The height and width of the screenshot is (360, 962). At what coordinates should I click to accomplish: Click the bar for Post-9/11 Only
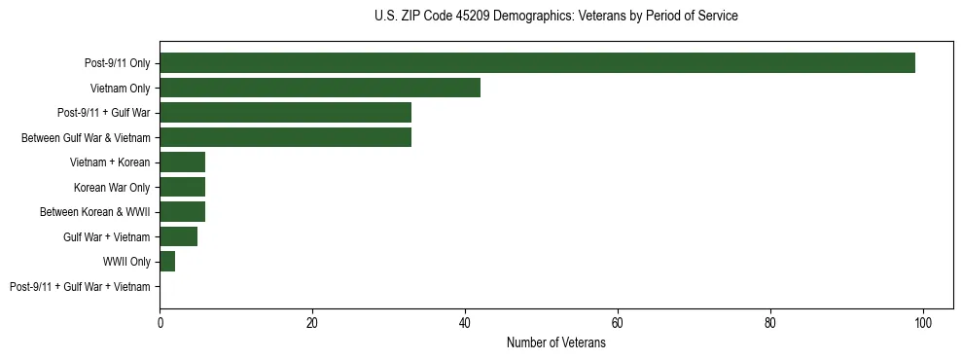tap(537, 63)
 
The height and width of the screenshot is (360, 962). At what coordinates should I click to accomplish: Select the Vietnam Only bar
tap(320, 88)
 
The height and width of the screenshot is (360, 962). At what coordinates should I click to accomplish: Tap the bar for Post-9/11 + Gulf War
tap(285, 113)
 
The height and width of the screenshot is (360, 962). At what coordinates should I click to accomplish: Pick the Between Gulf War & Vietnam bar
tap(285, 137)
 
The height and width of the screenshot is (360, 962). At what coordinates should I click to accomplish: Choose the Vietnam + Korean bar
tap(182, 162)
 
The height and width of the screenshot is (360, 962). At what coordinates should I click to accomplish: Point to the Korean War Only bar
tap(182, 187)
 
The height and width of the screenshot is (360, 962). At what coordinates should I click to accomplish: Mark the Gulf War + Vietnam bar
tap(178, 236)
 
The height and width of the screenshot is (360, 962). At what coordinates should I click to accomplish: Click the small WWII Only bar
tap(167, 262)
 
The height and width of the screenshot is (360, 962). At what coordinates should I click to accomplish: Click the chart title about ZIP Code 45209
tap(555, 17)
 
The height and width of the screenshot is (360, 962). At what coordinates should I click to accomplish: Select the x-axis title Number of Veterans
tap(555, 343)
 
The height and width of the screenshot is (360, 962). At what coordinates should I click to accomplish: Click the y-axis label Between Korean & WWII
tap(94, 212)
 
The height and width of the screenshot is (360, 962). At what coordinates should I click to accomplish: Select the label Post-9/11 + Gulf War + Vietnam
tap(80, 287)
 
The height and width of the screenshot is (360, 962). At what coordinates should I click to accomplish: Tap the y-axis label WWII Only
tap(126, 262)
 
